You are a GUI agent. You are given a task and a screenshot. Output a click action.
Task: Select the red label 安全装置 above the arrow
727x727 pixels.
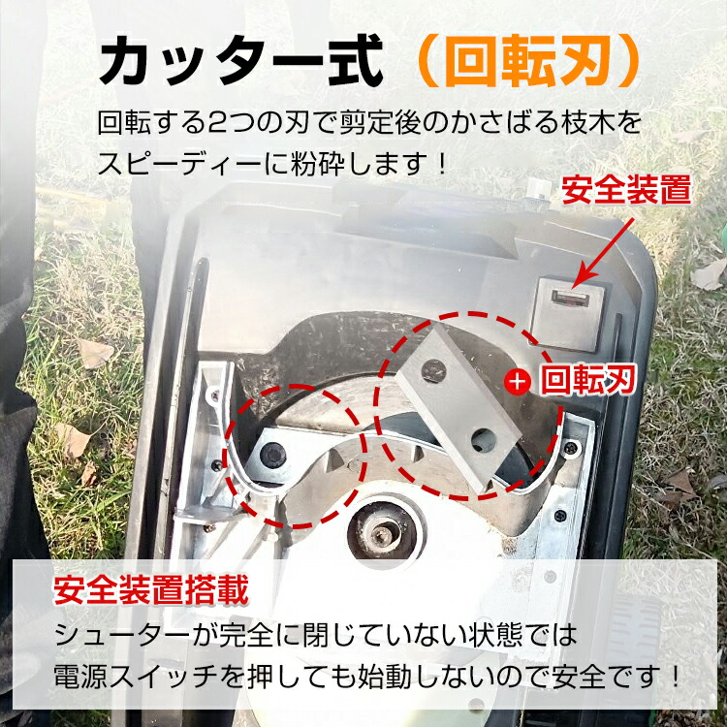tap(627, 188)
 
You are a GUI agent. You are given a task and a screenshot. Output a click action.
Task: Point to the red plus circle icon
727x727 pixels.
tap(520, 381)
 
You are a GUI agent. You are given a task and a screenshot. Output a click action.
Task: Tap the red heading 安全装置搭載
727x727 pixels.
tap(151, 588)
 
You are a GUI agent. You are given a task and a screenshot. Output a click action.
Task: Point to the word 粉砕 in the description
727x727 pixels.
tap(318, 160)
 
